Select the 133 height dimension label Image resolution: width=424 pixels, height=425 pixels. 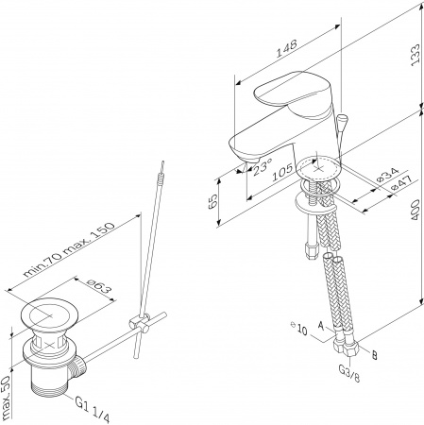coord(416,55)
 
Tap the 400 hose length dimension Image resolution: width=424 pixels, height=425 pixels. coord(416,210)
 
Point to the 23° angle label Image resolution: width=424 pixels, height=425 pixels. coord(263,166)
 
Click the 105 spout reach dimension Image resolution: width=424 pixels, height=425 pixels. coord(282,172)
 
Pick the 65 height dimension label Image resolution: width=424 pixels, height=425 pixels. coord(212,201)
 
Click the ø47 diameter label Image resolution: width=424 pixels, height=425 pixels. coord(400,183)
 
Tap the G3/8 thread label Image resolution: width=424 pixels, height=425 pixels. coord(349,373)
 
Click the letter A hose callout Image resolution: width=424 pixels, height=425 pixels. coord(321,326)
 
